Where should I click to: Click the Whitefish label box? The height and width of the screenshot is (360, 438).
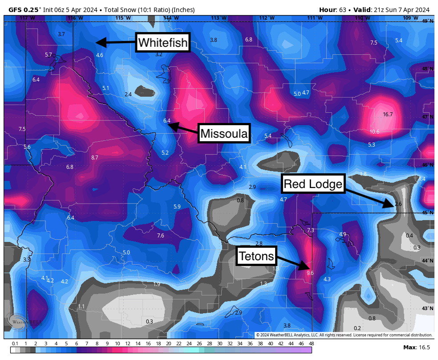[163, 43]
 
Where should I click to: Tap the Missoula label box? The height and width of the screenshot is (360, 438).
[224, 133]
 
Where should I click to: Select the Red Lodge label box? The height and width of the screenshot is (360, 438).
[313, 184]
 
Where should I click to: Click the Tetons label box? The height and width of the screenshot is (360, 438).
[256, 256]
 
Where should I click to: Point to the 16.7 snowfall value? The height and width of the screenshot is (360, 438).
[388, 115]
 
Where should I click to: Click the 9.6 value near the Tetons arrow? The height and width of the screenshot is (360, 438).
[310, 273]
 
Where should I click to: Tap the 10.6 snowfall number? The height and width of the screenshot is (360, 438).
[374, 132]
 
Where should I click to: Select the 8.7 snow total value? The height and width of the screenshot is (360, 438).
[94, 158]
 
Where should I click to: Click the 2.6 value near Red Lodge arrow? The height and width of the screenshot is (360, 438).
[398, 204]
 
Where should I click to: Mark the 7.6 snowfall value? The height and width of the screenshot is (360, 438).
[161, 236]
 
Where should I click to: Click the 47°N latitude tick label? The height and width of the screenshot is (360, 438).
[427, 117]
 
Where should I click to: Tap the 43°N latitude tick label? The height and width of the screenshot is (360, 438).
[427, 308]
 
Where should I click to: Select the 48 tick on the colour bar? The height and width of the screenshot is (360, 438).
[311, 344]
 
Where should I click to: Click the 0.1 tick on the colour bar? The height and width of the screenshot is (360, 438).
[15, 344]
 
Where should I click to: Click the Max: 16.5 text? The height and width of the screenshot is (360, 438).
[416, 347]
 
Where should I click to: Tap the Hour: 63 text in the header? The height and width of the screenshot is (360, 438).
[332, 10]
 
